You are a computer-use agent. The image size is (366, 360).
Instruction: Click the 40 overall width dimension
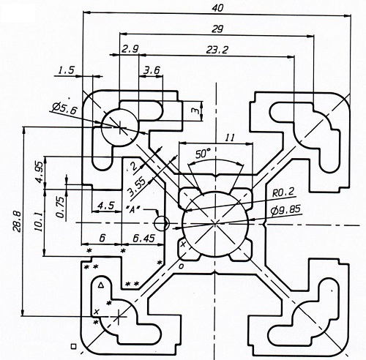coord(217,8)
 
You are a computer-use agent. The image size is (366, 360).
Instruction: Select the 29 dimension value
coord(217,29)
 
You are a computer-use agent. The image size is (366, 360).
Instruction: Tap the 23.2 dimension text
coord(217,50)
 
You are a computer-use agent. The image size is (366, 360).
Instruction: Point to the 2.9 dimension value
coord(130,49)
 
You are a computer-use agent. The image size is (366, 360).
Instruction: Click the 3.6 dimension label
coord(152,70)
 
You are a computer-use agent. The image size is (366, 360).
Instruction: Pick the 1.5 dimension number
coord(66,70)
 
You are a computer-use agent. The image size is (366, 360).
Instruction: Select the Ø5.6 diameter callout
coord(64,108)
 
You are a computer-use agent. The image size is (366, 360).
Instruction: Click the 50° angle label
coord(203,154)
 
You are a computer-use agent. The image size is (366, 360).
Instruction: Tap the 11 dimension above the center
coord(229,138)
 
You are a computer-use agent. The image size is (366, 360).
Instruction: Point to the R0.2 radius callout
coord(283,192)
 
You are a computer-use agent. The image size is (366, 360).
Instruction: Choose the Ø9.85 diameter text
coord(285,210)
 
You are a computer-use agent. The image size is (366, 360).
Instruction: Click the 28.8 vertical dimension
coord(18,221)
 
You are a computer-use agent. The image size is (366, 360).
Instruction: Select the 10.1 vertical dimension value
coord(39,222)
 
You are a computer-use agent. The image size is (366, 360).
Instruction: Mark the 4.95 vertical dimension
coord(40,172)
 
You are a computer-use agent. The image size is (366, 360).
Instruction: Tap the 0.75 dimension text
coord(61,207)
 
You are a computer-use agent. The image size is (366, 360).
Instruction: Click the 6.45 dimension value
coord(144,238)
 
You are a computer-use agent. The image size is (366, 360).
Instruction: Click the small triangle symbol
coord(101,285)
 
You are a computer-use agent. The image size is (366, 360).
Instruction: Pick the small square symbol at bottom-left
coord(73,346)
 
